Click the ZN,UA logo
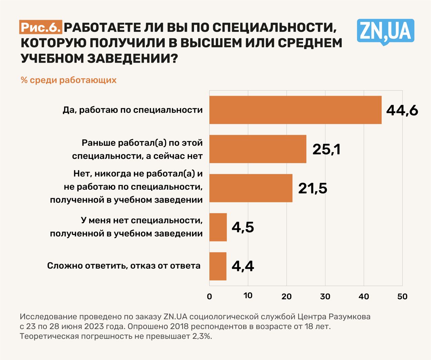coord(385,31)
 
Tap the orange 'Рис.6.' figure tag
coord(41,27)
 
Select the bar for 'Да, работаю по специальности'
coord(295,110)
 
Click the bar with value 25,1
coord(258,149)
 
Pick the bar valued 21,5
coord(251,188)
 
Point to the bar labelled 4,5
coord(218,227)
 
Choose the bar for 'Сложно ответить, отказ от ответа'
coord(218,266)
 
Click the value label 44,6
coord(402,110)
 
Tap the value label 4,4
coord(243,266)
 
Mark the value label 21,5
coord(312,188)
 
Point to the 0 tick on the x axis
coord(209,296)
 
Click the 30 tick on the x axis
coord(325,296)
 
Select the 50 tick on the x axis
coord(402,296)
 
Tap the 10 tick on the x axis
coord(248,295)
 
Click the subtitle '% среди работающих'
coord(69,80)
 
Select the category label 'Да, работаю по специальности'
coord(133,110)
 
